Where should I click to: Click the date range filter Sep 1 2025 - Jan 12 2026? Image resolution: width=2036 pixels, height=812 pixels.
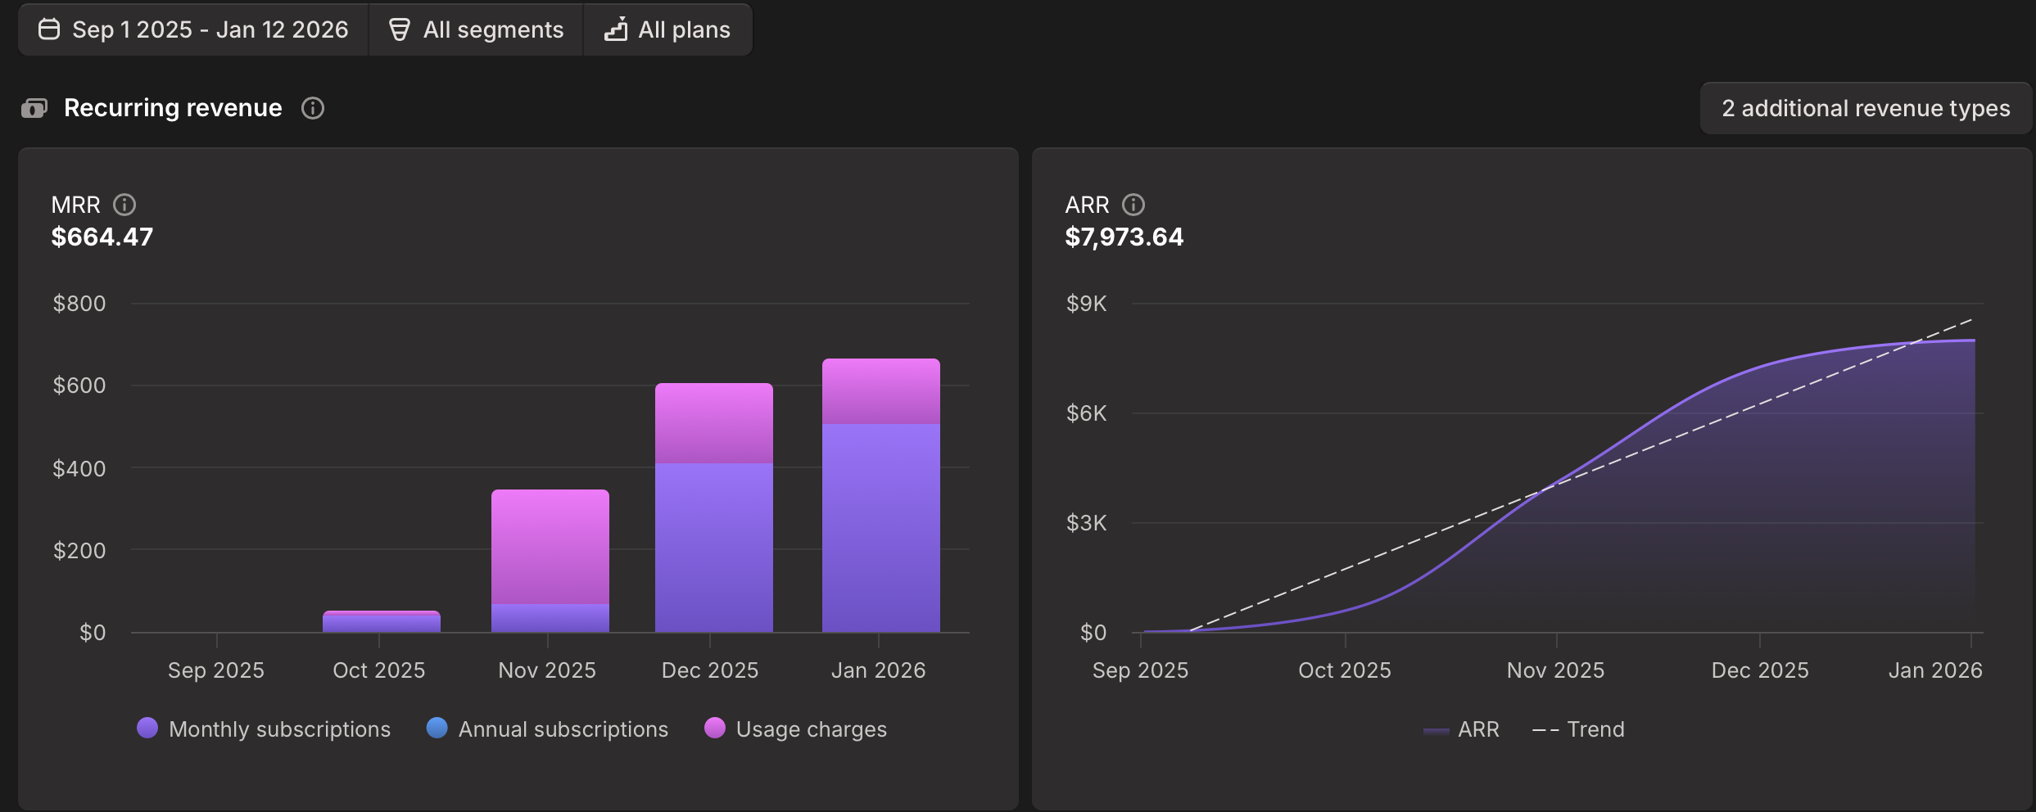coord(194,30)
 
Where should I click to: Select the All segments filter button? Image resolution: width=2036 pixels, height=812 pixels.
coord(476,30)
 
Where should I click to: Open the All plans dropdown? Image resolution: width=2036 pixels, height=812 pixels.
coord(667,30)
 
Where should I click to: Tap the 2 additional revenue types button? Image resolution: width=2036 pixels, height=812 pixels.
coord(1865,108)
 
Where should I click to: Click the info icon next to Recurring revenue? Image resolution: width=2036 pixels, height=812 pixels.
coord(313,108)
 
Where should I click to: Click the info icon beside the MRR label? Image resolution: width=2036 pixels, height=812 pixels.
coord(124,205)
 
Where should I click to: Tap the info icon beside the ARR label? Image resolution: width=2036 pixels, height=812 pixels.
coord(1133,205)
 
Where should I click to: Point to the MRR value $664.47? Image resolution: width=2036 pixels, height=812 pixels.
coord(102,237)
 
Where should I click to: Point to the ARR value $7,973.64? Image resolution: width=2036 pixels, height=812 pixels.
coord(1124,237)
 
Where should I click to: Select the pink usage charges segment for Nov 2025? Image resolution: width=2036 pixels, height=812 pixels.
coord(550,547)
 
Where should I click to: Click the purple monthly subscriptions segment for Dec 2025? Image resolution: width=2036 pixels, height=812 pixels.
coord(714,547)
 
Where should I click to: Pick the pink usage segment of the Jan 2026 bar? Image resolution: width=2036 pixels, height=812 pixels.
coord(881,391)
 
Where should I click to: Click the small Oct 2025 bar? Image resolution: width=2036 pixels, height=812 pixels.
coord(382,622)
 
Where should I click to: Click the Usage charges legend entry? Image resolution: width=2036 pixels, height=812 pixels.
coord(796,729)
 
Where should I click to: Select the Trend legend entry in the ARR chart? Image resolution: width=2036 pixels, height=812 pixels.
coord(1579,729)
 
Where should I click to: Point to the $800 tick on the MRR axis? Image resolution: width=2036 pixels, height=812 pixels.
coord(79,304)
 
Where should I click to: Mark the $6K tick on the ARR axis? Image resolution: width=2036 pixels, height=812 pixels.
coord(1086,413)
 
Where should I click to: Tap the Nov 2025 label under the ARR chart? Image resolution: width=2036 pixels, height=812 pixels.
coord(1555,670)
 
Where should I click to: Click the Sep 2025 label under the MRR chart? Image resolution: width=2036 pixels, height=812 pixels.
coord(216,670)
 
